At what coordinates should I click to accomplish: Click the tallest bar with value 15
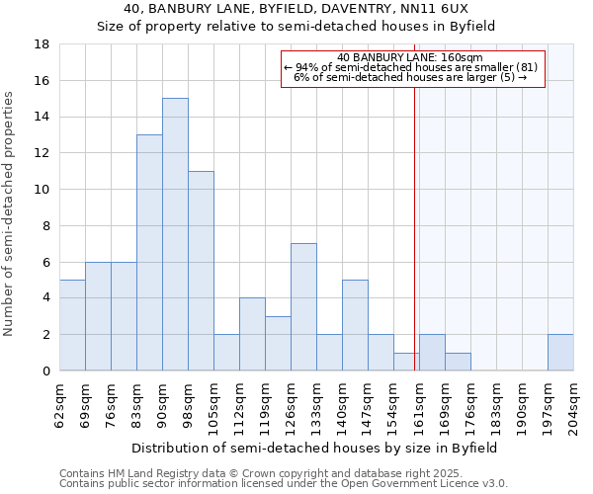[175, 234]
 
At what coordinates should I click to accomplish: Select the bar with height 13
[149, 252]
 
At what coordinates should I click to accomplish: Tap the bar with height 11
[201, 271]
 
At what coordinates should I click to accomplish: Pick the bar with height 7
[303, 307]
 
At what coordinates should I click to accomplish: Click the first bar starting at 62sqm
[72, 325]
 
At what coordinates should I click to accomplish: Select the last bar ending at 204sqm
[560, 352]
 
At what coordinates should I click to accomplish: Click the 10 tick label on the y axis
[42, 190]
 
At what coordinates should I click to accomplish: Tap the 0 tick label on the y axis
[45, 371]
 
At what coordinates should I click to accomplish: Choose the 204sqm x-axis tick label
[573, 405]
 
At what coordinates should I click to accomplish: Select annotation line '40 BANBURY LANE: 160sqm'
[410, 58]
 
